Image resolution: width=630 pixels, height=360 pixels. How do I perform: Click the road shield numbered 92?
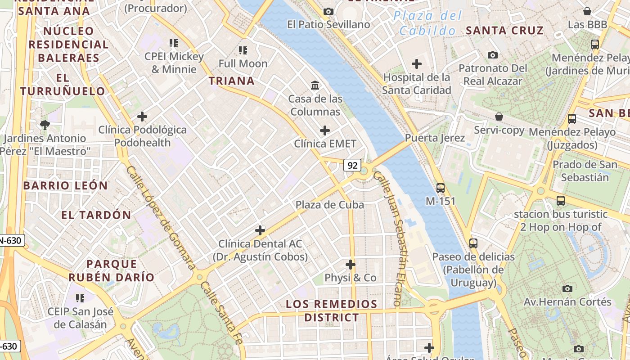tap(352, 165)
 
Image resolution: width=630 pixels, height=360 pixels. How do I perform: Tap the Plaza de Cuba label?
tap(329, 205)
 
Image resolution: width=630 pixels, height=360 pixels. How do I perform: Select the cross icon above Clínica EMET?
tap(324, 131)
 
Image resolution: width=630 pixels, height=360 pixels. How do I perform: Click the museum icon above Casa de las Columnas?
tap(315, 85)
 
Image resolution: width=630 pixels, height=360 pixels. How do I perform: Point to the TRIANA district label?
tap(232, 81)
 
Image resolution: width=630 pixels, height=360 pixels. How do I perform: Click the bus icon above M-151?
tap(440, 188)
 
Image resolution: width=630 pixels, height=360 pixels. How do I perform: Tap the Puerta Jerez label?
tap(435, 138)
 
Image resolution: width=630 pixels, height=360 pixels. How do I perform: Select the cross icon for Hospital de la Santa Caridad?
tap(417, 64)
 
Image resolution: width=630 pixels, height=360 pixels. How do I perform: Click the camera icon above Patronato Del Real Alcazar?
tap(493, 55)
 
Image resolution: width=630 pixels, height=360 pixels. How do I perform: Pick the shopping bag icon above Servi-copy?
tap(499, 117)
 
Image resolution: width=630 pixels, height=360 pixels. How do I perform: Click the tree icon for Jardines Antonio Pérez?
tap(44, 125)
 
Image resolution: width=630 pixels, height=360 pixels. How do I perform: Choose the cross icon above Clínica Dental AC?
tap(260, 230)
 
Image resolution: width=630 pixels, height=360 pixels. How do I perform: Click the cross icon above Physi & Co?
tap(350, 265)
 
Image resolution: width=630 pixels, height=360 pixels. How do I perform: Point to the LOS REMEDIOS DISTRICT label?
tap(332, 310)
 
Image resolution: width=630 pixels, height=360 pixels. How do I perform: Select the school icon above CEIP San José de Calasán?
tap(80, 298)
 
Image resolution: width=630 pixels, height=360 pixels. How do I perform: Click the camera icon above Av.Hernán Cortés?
tap(567, 288)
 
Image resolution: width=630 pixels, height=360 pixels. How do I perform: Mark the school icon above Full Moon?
tap(243, 50)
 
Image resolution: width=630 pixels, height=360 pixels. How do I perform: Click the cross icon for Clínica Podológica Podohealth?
tap(142, 117)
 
